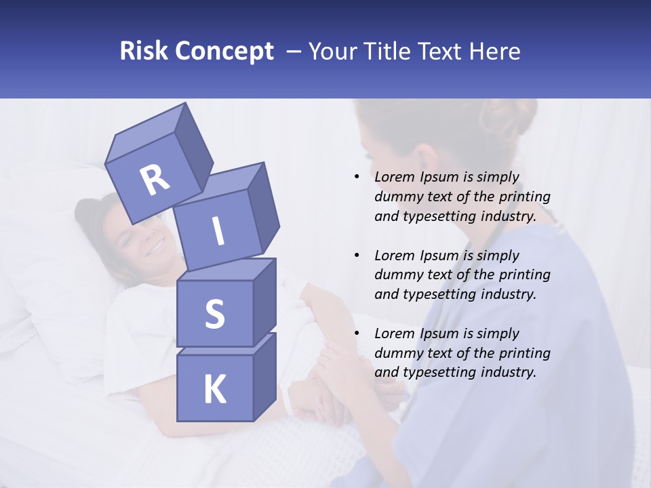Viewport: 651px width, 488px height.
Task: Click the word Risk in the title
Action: point(144,52)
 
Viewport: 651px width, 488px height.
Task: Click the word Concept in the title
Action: point(224,52)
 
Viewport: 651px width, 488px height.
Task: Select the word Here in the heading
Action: point(495,52)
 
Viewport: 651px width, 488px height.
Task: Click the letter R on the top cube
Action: point(155,180)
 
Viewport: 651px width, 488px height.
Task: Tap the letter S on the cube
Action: point(214,314)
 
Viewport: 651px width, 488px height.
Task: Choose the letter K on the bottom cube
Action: point(215,390)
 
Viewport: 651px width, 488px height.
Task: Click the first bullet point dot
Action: point(357,177)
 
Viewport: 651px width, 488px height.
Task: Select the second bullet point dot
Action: point(357,256)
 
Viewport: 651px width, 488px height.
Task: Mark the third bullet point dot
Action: point(357,333)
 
